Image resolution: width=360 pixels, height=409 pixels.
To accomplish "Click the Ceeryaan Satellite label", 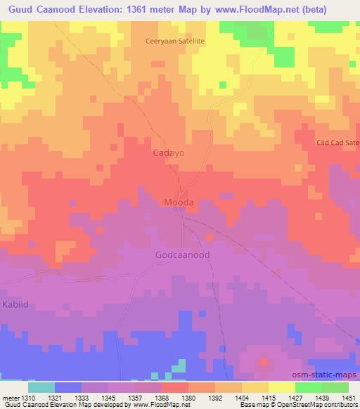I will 174,41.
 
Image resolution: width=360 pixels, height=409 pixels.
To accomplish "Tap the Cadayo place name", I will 169,152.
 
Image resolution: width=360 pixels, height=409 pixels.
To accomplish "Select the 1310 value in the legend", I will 27,397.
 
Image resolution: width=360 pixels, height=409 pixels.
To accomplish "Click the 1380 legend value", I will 188,397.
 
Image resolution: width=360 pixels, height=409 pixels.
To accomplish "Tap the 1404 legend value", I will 242,397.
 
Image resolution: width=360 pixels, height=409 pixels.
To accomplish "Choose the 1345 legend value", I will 108,397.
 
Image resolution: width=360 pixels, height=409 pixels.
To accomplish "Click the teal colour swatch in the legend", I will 41,387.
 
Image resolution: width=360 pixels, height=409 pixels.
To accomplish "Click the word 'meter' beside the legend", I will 9,397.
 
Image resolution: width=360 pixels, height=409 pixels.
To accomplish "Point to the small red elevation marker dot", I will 264,363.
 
